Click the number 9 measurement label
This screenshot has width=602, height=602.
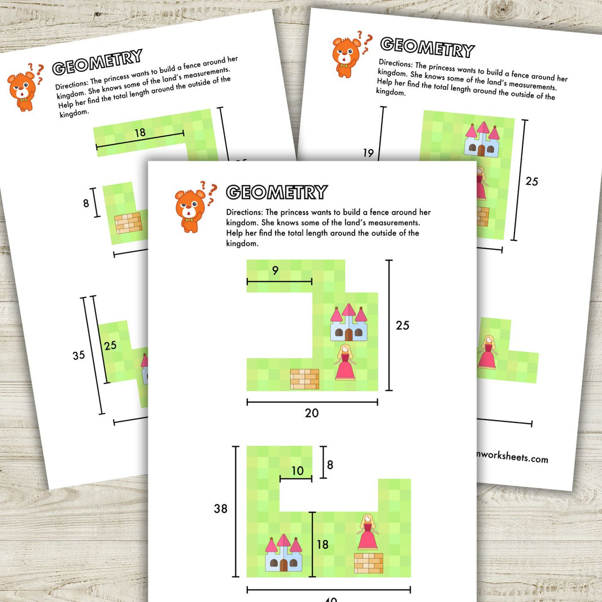pos(275,271)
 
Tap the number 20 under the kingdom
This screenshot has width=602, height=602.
pos(312,413)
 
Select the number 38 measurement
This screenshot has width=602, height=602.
pos(220,508)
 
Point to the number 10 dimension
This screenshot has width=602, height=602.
pos(297,470)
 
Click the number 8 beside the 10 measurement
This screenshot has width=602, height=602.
pos(330,465)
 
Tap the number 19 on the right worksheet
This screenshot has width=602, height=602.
pos(369,152)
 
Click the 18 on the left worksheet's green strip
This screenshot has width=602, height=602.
pos(139,133)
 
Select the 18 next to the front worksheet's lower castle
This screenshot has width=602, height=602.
pos(322,544)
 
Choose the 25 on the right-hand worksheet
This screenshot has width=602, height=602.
pos(531,181)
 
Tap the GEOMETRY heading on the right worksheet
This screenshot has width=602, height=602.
pos(427,47)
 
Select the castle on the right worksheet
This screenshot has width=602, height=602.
pos(481,139)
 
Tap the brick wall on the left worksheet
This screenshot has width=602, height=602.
pos(128,224)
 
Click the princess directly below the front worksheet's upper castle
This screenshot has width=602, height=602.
pos(344,363)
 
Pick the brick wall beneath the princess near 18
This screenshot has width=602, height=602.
pos(368,563)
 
